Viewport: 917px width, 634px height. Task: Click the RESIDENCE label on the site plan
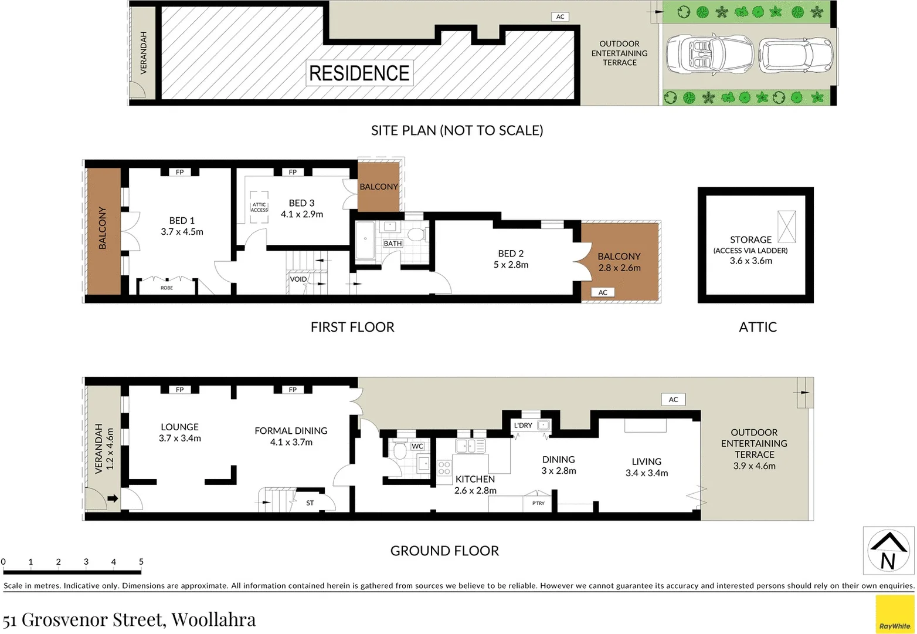pyautogui.click(x=359, y=73)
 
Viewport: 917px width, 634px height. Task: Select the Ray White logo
pyautogui.click(x=895, y=615)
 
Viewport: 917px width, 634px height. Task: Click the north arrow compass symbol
pyautogui.click(x=888, y=551)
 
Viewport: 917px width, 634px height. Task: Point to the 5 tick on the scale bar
pyautogui.click(x=141, y=562)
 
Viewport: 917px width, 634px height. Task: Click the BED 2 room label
pyautogui.click(x=511, y=254)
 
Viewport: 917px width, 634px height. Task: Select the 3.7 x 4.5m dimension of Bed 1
pyautogui.click(x=182, y=232)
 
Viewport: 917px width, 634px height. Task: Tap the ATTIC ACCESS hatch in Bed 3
pyautogui.click(x=259, y=207)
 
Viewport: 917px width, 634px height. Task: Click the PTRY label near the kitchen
pyautogui.click(x=538, y=503)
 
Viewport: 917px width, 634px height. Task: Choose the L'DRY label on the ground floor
pyautogui.click(x=523, y=425)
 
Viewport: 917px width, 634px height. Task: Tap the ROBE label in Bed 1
pyautogui.click(x=167, y=288)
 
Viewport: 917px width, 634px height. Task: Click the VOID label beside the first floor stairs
pyautogui.click(x=298, y=279)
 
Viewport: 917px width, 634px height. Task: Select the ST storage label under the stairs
pyautogui.click(x=310, y=503)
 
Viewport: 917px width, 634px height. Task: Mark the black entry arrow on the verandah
pyautogui.click(x=113, y=499)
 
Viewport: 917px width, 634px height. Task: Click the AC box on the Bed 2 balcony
pyautogui.click(x=603, y=292)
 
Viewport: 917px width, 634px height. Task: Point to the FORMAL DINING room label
pyautogui.click(x=291, y=431)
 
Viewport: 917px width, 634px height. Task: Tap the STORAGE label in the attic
pyautogui.click(x=750, y=240)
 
